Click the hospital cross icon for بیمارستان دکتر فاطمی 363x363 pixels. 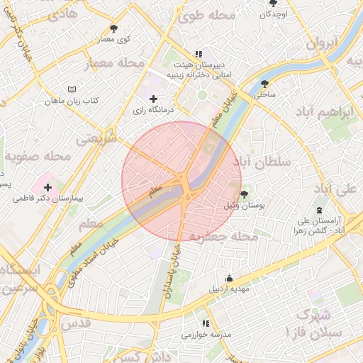(48, 187)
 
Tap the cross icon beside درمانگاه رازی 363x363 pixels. (153, 99)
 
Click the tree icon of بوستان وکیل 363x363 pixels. (245, 194)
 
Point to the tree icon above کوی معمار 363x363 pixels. (114, 28)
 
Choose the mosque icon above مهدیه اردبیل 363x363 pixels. (228, 279)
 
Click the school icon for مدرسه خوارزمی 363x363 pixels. (206, 323)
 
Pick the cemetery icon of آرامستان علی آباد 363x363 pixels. (318, 211)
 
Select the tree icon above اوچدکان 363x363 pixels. (273, 4)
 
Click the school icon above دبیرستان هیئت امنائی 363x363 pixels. (199, 54)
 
